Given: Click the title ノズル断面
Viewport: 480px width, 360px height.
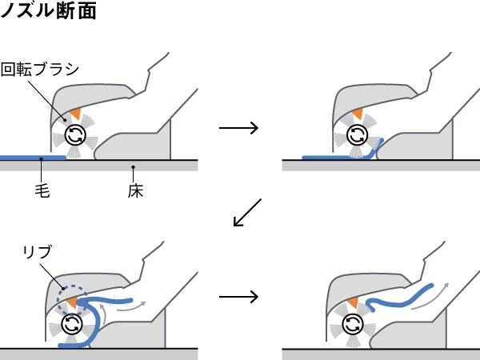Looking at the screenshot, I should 48,11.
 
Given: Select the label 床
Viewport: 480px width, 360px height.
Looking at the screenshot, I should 135,191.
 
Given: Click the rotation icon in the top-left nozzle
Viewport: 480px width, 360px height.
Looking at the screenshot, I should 74,134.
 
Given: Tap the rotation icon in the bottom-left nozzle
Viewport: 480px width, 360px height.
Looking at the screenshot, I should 72,323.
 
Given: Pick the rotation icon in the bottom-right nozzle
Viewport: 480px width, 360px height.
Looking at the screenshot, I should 353,323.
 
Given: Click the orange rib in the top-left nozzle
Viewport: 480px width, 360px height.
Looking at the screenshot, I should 75,114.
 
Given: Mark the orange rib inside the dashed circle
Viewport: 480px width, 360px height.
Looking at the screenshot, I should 73,302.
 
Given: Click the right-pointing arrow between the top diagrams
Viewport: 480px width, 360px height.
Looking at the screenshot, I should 238,128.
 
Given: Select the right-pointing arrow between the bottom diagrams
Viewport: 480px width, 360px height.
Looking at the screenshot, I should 238,297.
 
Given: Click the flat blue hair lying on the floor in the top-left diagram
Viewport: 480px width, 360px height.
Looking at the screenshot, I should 32,158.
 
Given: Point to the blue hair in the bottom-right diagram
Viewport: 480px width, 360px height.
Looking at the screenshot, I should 400,298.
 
